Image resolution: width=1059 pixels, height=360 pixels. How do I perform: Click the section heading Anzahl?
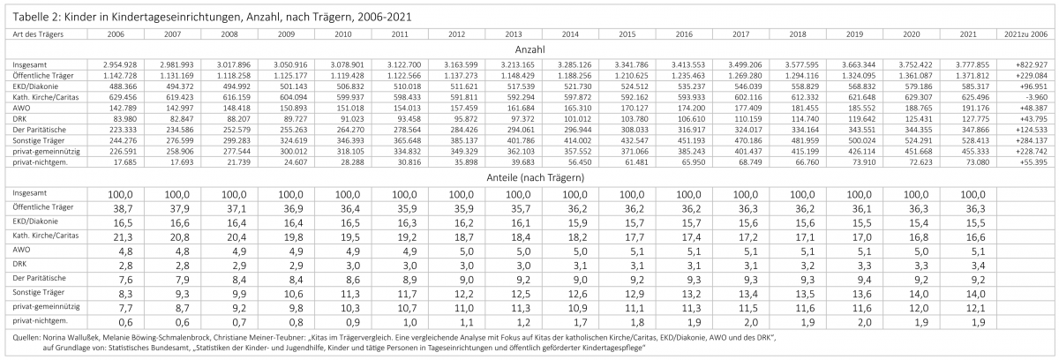pos(529,50)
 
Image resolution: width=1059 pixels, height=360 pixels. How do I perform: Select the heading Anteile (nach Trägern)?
pos(529,176)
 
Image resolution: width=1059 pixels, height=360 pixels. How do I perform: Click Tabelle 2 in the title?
pos(34,16)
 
